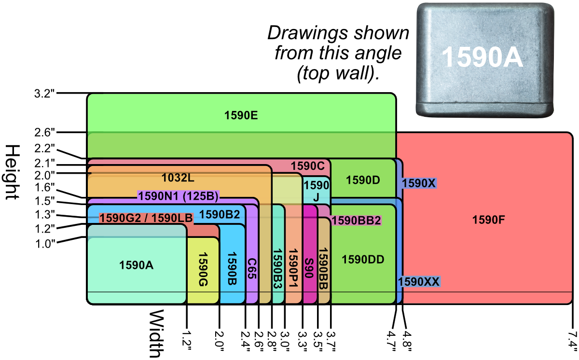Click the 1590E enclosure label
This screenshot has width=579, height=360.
pos(241,115)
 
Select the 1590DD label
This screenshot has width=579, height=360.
pos(363,260)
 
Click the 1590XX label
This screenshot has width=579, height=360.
pos(419,282)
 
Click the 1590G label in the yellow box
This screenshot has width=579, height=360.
pos(202,269)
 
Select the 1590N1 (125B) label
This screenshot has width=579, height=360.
pos(179,196)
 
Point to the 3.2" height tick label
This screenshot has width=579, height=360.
pos(45,94)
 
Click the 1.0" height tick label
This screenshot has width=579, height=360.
pos(45,243)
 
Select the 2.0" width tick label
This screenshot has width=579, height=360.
pos(220,340)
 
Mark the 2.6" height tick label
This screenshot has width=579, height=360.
pos(45,132)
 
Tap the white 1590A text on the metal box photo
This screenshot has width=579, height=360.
pos(482,56)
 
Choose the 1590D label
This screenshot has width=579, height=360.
pos(363,180)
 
